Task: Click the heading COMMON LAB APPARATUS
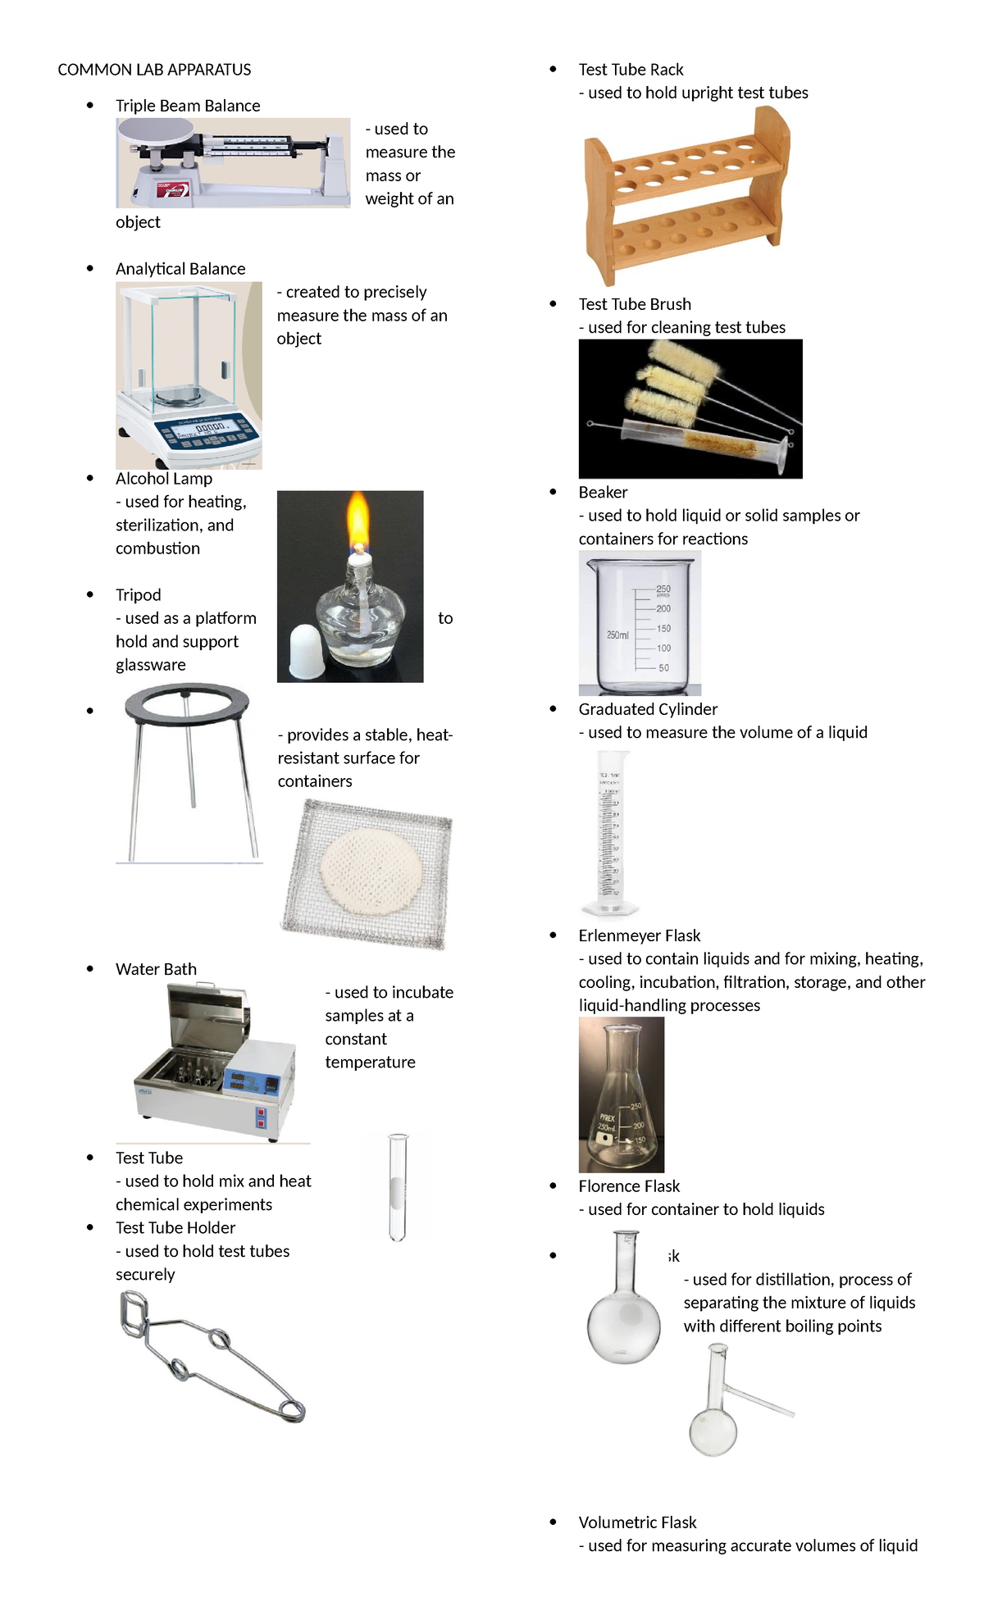(x=154, y=70)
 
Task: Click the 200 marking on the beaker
(x=663, y=608)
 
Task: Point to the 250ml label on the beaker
(x=617, y=635)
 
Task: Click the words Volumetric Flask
(x=637, y=1522)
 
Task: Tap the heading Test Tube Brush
(x=635, y=304)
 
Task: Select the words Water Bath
(x=156, y=969)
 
